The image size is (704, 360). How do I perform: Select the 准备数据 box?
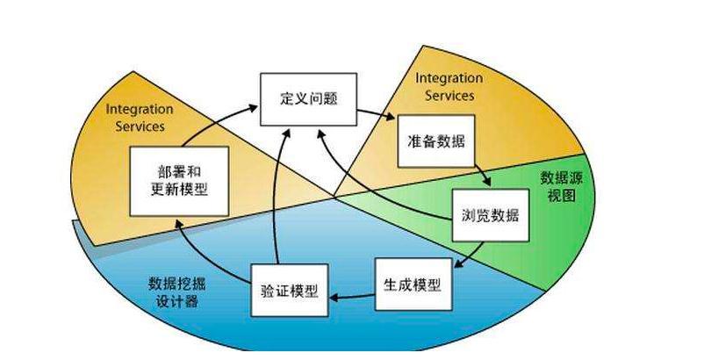(435, 140)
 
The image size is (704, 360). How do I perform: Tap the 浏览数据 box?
(491, 216)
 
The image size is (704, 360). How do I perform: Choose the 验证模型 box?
(291, 291)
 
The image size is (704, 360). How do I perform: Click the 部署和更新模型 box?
(179, 180)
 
